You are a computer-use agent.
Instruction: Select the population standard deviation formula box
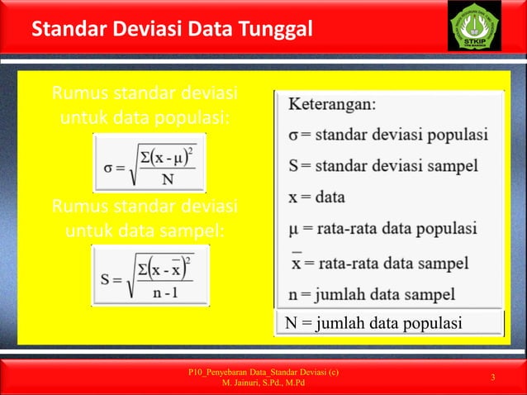tap(149, 162)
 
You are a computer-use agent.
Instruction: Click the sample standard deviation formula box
tap(150, 274)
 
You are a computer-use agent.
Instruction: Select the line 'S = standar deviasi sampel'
tap(383, 165)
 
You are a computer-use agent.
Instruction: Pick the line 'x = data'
tap(317, 197)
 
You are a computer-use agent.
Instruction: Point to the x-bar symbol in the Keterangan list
tap(296, 263)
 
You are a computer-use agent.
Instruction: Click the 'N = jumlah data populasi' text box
tap(388, 322)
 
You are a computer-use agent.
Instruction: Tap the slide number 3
tap(492, 378)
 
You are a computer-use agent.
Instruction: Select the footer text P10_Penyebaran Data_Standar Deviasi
tap(263, 373)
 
